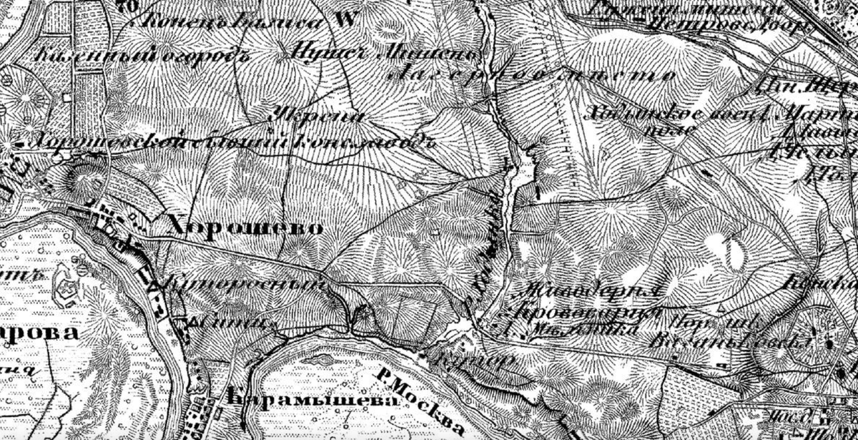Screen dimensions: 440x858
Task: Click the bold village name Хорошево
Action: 245,228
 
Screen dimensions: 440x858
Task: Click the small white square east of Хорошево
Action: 436,231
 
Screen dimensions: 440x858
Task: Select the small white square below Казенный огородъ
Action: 67,97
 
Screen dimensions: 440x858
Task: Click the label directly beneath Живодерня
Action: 583,313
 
